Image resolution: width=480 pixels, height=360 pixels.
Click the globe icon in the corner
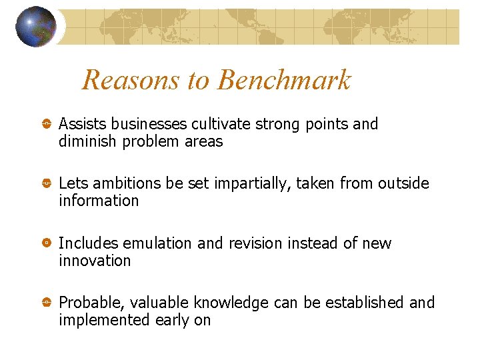point(35,27)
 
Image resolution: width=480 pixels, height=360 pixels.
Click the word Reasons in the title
point(132,81)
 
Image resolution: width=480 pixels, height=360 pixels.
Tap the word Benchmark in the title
point(284,81)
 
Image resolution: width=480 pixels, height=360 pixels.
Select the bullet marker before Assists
point(47,125)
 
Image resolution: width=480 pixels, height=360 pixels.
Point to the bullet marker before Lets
point(47,184)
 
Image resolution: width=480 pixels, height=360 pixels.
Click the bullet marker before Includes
point(47,244)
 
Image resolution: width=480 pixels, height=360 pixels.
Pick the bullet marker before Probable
point(47,303)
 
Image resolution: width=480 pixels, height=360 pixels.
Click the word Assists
point(83,124)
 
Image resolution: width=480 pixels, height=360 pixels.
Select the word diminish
point(88,141)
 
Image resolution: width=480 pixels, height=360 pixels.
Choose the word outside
point(403,183)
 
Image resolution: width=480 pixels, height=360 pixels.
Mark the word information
point(99,201)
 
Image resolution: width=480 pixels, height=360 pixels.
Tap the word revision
point(255,243)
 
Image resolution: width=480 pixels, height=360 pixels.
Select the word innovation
point(95,261)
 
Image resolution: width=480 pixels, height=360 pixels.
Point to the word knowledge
point(231,303)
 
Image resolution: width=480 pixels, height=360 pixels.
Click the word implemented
point(101,321)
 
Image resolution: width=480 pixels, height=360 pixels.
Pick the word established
point(365,303)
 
